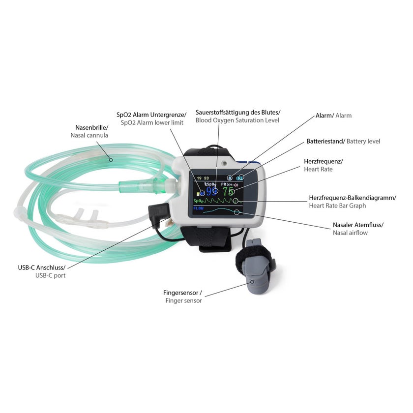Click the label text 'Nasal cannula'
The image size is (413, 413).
(89, 135)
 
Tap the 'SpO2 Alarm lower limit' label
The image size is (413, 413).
(152, 123)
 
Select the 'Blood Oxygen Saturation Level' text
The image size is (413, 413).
(237, 120)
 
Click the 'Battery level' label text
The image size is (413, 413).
(363, 142)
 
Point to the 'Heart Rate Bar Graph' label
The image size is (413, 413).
(337, 206)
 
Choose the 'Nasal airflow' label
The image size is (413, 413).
(350, 233)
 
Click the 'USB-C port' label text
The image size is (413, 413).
(50, 275)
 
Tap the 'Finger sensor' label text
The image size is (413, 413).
(183, 301)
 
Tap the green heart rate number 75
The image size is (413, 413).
(228, 191)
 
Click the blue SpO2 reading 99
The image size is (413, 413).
(211, 191)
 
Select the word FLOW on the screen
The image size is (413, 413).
(198, 208)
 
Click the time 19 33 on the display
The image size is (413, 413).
(203, 178)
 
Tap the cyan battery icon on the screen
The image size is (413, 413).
(240, 178)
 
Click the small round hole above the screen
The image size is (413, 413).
(224, 163)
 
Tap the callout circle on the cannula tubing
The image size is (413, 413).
(111, 160)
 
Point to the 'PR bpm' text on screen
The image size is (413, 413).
(227, 184)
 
